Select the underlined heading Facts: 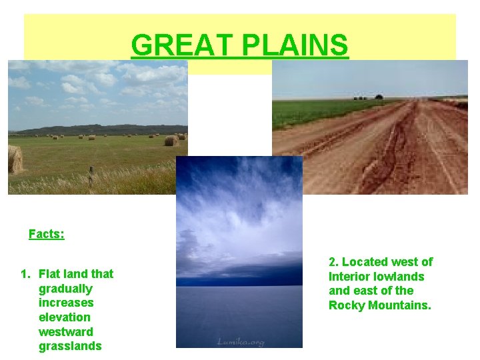[x=47, y=234]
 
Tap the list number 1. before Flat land [x=25, y=274]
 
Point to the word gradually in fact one [x=65, y=289]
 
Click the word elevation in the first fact [x=65, y=317]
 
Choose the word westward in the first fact [x=66, y=332]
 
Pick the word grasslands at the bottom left [x=70, y=346]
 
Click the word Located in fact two [x=364, y=262]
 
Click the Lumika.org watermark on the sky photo [x=239, y=342]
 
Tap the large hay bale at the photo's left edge [x=15, y=160]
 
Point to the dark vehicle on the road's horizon [x=379, y=97]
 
